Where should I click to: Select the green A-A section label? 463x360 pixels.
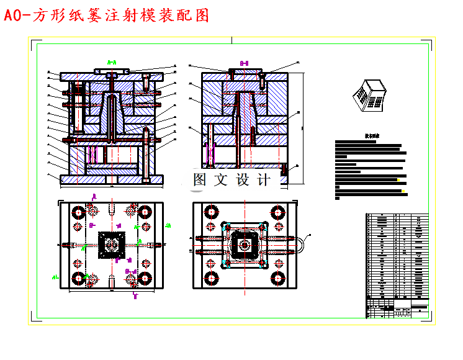pos(112,62)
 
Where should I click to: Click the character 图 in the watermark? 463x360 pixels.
pos(200,180)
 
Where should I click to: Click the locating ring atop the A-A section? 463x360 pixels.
pos(112,70)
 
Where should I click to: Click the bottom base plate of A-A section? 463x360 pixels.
pos(112,179)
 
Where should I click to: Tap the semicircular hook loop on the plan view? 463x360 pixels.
pos(300,244)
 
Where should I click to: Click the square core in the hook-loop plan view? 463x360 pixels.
pos(243,245)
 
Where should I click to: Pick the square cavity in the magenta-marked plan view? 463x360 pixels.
pos(112,245)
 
